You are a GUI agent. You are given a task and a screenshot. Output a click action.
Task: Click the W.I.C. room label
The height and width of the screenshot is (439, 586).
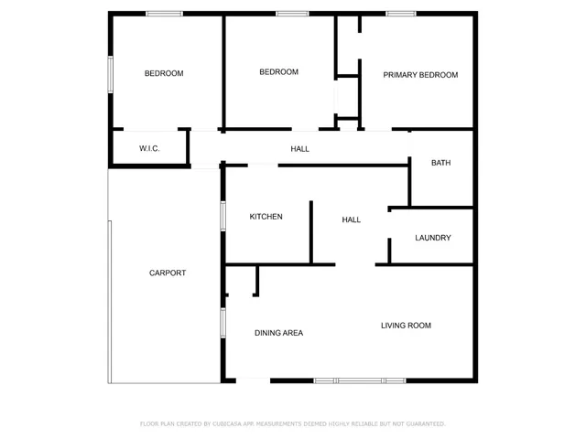click(149, 148)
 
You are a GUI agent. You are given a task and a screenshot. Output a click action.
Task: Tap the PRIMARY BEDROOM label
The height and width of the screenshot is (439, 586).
click(420, 75)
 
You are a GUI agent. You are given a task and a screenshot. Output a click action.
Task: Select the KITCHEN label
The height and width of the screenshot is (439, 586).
click(266, 217)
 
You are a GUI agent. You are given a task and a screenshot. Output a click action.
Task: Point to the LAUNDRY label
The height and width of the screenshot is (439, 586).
click(432, 238)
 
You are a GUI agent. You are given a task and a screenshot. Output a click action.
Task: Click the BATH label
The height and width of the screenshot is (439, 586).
click(441, 163)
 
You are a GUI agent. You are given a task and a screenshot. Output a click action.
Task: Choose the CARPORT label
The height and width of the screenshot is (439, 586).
click(168, 273)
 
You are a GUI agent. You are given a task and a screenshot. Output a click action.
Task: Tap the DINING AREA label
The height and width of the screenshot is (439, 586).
click(278, 333)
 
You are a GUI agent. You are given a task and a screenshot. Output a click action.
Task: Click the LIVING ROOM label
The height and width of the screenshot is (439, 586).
click(406, 326)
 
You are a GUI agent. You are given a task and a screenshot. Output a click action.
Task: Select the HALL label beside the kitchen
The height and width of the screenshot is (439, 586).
click(351, 219)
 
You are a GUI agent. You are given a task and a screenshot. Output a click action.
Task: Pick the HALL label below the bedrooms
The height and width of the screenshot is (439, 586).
click(299, 148)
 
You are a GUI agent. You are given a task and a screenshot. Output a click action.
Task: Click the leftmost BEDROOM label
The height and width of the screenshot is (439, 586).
click(164, 73)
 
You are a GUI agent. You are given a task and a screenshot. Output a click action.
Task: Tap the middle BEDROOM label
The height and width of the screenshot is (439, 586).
click(278, 72)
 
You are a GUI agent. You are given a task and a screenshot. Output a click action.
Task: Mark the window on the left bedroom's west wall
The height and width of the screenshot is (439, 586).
click(110, 74)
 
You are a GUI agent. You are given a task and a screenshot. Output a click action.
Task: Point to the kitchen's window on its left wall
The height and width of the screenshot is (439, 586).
click(222, 214)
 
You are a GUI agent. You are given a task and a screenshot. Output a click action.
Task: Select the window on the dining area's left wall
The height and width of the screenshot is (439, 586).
click(222, 324)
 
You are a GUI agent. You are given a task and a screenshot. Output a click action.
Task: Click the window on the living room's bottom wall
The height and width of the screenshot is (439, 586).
click(360, 380)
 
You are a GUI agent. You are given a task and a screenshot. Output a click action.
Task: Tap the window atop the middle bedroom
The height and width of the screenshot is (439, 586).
click(291, 14)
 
